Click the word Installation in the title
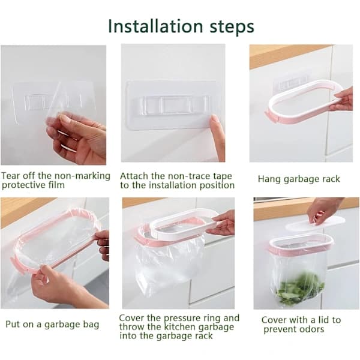[155, 26]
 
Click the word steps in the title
[232, 28]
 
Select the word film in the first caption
[56, 185]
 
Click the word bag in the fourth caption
[91, 325]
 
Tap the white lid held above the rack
[315, 223]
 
